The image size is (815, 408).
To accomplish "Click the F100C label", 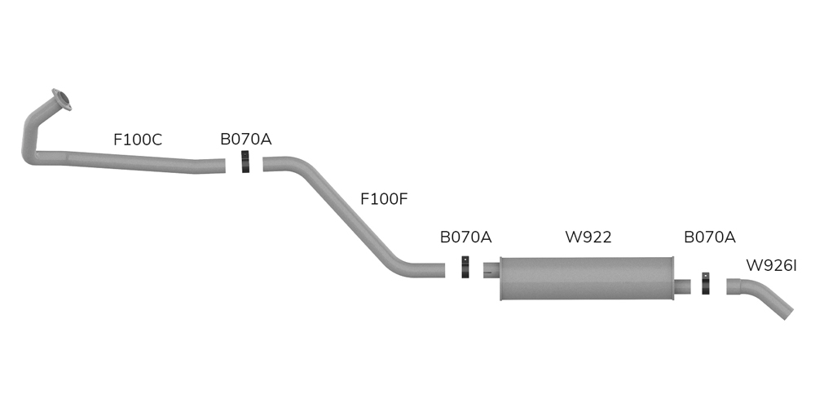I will [x=138, y=140].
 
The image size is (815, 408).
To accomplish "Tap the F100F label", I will [x=384, y=197].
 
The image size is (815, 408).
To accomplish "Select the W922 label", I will [x=588, y=237].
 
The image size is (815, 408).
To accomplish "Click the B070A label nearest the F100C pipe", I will [x=245, y=140].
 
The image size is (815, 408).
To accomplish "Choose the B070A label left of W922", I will [x=465, y=237].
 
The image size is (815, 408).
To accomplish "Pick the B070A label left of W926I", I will [x=709, y=237].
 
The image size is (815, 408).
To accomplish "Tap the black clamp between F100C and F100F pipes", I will [x=245, y=163].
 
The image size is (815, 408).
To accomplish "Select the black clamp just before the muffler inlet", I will [x=465, y=268].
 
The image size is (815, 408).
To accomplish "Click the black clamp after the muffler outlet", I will [x=706, y=284].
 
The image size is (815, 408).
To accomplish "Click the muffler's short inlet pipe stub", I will [x=490, y=269].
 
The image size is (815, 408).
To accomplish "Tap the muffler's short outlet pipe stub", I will [x=684, y=286].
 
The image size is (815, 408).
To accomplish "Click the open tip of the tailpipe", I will [x=787, y=313].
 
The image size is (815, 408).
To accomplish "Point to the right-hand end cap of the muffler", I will [x=672, y=279].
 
